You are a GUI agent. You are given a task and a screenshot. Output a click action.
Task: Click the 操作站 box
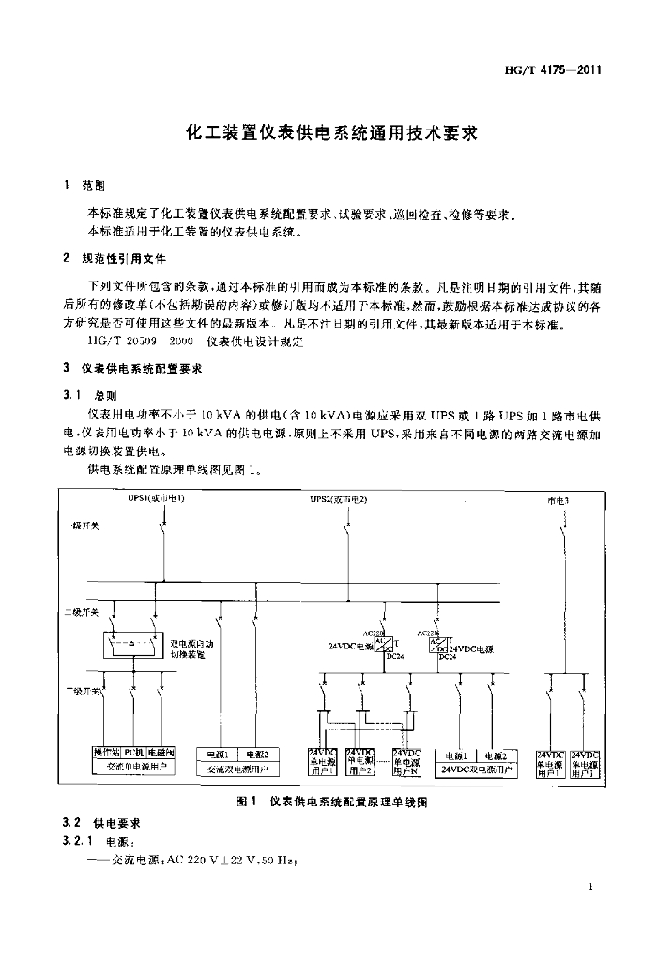pyautogui.click(x=105, y=753)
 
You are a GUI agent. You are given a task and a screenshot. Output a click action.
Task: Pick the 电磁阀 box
pyautogui.click(x=161, y=753)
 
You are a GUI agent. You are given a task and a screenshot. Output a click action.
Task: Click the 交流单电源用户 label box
pyautogui.click(x=132, y=766)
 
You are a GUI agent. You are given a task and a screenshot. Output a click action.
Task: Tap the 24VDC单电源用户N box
pyautogui.click(x=406, y=763)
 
